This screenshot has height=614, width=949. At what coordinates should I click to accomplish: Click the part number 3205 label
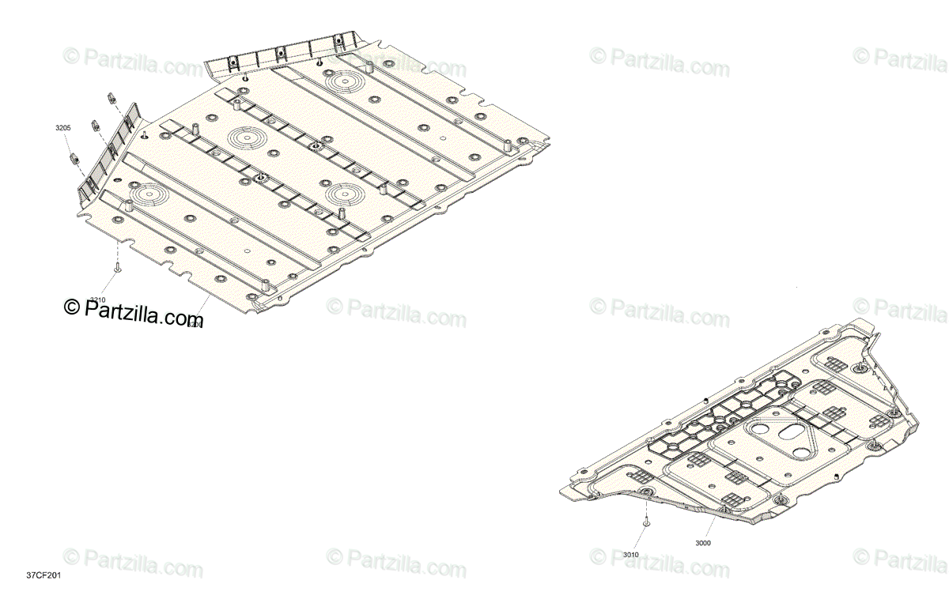(x=62, y=128)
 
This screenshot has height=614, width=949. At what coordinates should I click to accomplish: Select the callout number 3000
(x=703, y=543)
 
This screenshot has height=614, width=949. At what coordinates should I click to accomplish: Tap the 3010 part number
(x=630, y=554)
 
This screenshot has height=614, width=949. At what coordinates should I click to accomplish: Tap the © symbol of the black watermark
(x=72, y=307)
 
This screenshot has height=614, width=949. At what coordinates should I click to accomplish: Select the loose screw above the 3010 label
(x=646, y=520)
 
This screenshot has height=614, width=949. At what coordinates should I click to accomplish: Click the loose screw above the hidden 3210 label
(x=117, y=269)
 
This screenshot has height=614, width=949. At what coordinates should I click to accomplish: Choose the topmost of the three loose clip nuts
(x=112, y=98)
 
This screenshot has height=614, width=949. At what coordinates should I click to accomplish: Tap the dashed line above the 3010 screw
(x=646, y=507)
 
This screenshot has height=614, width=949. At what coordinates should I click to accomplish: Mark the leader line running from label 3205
(x=69, y=142)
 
